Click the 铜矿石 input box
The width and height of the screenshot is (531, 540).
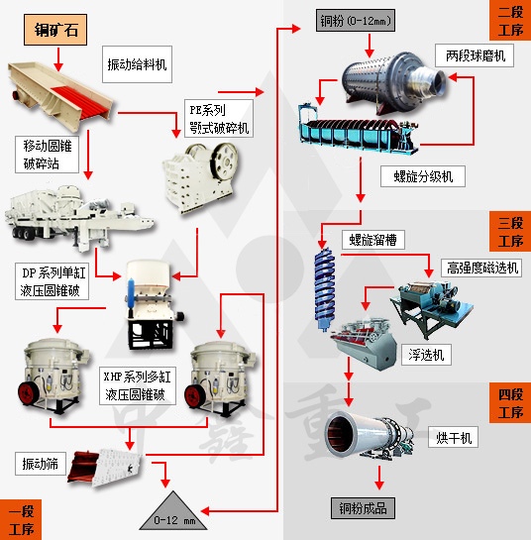(x=55, y=30)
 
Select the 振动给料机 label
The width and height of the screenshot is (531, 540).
(x=137, y=64)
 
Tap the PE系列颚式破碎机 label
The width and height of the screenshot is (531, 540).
(x=219, y=119)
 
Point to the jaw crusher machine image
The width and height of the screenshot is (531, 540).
(x=200, y=177)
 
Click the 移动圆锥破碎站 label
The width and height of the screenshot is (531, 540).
(x=47, y=155)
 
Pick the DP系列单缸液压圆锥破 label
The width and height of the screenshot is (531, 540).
(x=52, y=281)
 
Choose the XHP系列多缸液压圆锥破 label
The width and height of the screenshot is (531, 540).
(x=138, y=385)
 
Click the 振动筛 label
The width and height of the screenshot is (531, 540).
(x=41, y=464)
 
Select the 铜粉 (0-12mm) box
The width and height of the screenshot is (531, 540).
(x=356, y=21)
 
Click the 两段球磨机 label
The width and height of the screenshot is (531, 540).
(x=475, y=55)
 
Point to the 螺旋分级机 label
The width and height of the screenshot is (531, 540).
(x=423, y=176)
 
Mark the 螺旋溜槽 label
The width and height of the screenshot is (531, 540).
(x=373, y=240)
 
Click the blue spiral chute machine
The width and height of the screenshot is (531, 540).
(x=324, y=287)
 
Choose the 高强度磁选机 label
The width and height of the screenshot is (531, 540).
(x=481, y=268)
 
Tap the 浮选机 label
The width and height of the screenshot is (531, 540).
(x=426, y=355)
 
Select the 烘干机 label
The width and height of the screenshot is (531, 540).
(x=453, y=437)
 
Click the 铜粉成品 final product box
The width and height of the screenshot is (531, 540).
(x=363, y=508)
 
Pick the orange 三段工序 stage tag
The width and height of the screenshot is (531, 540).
(x=510, y=232)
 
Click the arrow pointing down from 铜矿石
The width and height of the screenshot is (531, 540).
(x=58, y=59)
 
